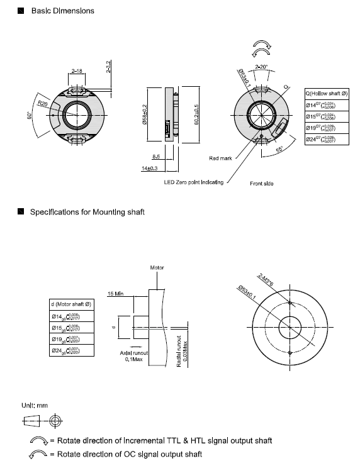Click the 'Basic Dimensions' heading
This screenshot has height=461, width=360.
62,11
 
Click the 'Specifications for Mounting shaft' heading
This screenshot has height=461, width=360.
87,212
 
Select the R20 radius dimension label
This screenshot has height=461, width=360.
43,103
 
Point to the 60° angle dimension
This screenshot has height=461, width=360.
29,117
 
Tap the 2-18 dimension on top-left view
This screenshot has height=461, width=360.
77,71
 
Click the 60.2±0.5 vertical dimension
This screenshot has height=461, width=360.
195,115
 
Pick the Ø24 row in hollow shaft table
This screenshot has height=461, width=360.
327,139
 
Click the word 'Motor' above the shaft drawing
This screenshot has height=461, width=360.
157,267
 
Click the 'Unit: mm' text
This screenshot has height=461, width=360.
35,406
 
